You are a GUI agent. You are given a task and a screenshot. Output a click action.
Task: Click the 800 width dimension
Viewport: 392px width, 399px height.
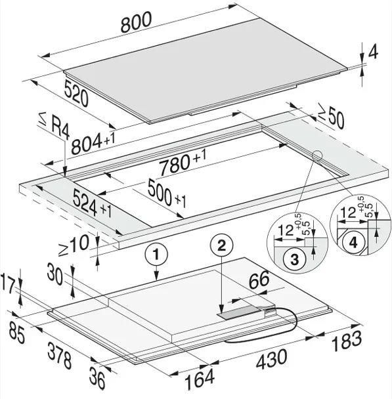tap(136, 22)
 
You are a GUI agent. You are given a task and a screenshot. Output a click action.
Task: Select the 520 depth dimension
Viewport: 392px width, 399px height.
tap(76, 93)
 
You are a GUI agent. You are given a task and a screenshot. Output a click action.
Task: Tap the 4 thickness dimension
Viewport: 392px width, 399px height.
tap(373, 52)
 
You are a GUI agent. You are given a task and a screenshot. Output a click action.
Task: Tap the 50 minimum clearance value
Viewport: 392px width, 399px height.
tap(336, 119)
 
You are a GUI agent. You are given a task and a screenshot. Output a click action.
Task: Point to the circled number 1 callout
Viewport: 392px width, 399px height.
tap(156, 255)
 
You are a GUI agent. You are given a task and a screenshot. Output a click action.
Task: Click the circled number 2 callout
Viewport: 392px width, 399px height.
tap(221, 246)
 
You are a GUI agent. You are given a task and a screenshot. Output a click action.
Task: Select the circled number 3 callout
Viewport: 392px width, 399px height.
tap(295, 260)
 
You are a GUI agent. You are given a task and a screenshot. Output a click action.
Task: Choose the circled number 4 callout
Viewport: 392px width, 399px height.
tap(353, 243)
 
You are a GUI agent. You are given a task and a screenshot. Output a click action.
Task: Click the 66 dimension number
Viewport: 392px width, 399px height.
tap(259, 280)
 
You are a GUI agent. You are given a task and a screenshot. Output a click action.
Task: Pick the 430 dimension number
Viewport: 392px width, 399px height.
tap(271, 360)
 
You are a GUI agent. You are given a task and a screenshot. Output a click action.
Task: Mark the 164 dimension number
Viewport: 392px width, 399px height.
tap(200, 380)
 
